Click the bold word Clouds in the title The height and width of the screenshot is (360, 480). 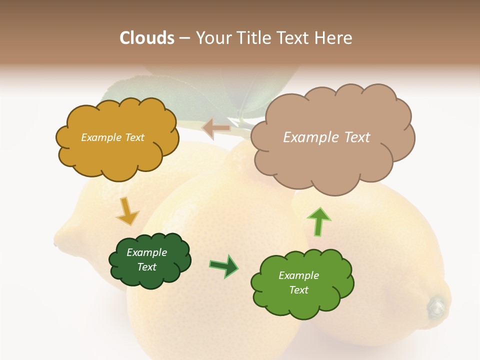(x=146, y=38)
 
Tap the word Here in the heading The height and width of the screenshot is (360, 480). (x=334, y=38)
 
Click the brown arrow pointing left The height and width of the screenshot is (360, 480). (x=216, y=128)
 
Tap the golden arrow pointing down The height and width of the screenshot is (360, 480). (x=127, y=211)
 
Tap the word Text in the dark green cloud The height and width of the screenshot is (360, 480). (x=147, y=267)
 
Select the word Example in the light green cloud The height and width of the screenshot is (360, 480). (x=298, y=275)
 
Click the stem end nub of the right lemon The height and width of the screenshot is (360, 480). (x=435, y=305)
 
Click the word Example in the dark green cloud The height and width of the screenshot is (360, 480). (x=147, y=252)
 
